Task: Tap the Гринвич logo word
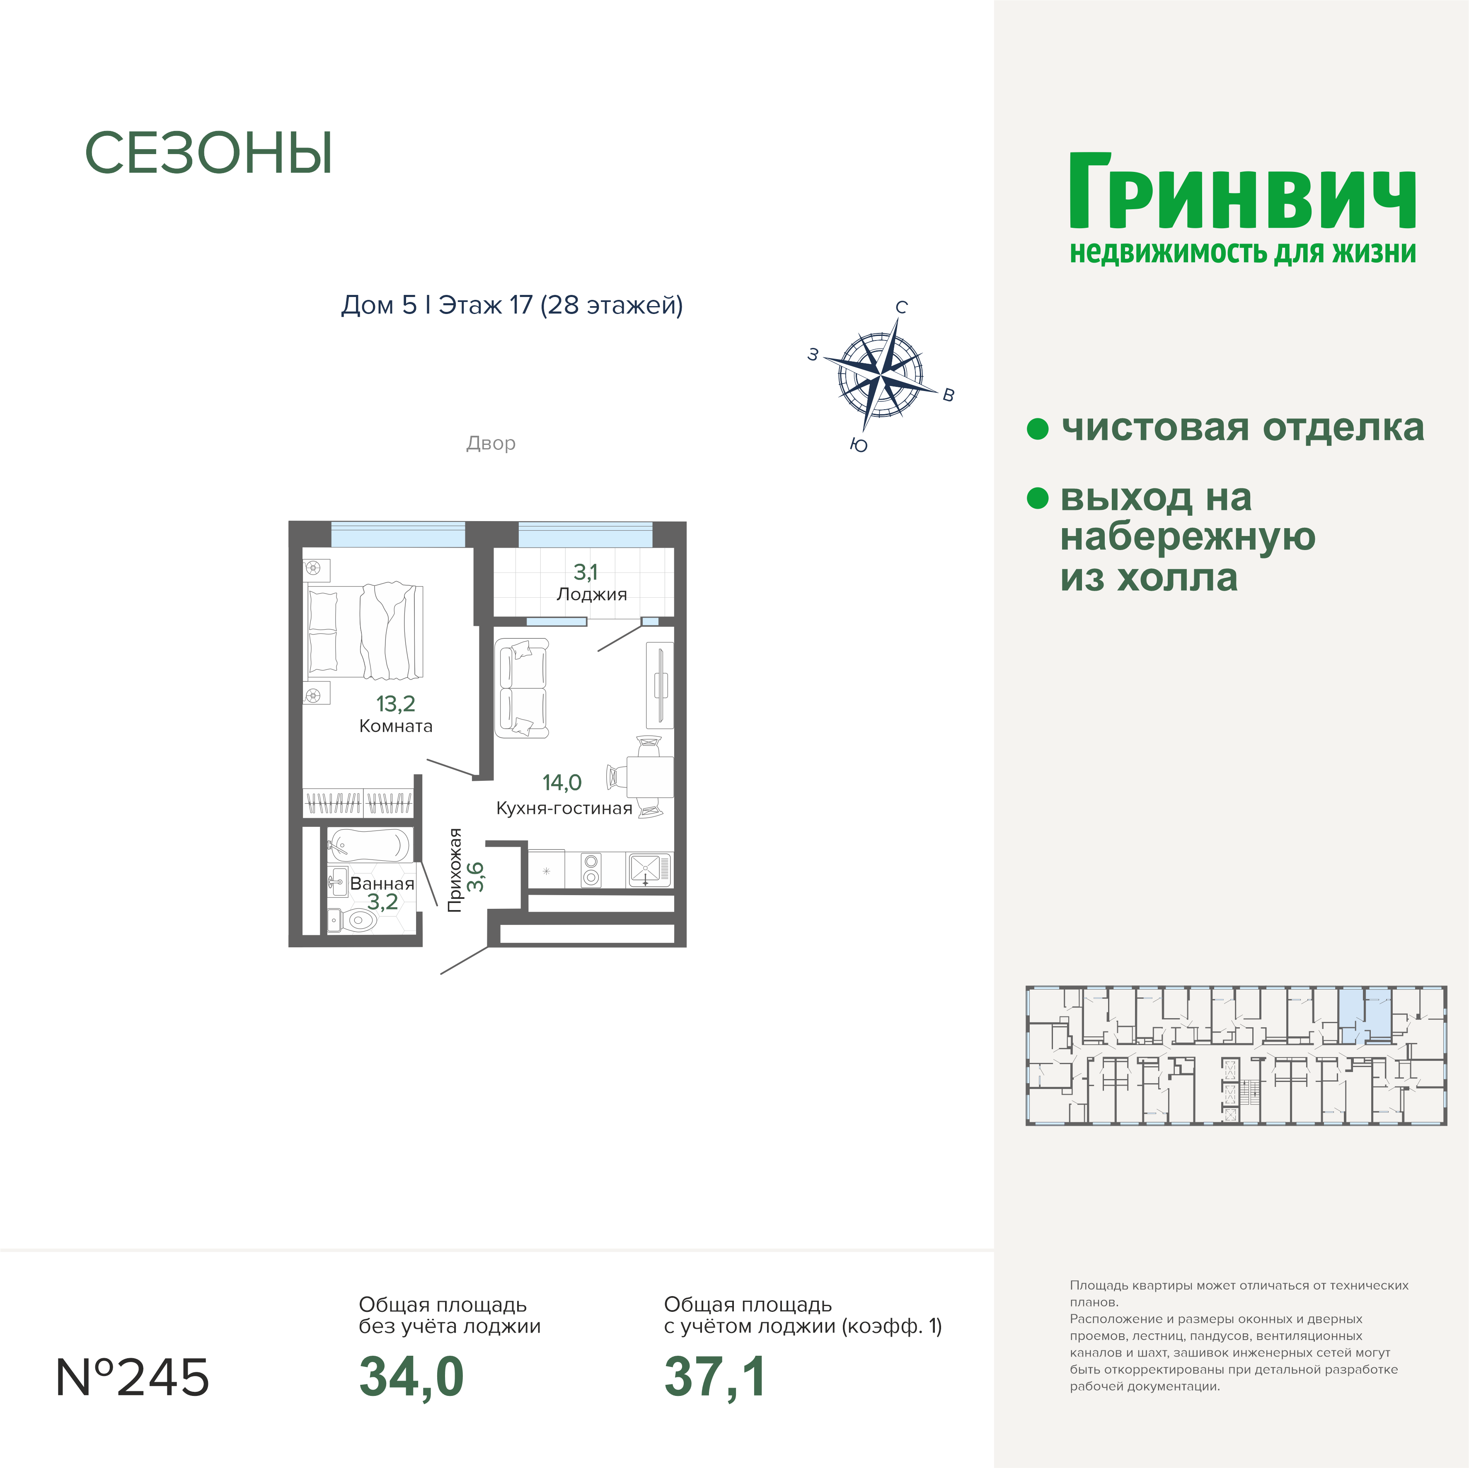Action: pos(1242,192)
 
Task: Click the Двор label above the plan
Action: pos(491,443)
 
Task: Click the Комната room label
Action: pos(395,726)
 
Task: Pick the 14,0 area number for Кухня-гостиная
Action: pos(562,782)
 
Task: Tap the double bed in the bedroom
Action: pos(365,631)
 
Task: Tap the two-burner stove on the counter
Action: pos(591,870)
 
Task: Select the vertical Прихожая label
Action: pos(455,870)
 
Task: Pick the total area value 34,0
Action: pos(411,1378)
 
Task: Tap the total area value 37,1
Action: pos(715,1378)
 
